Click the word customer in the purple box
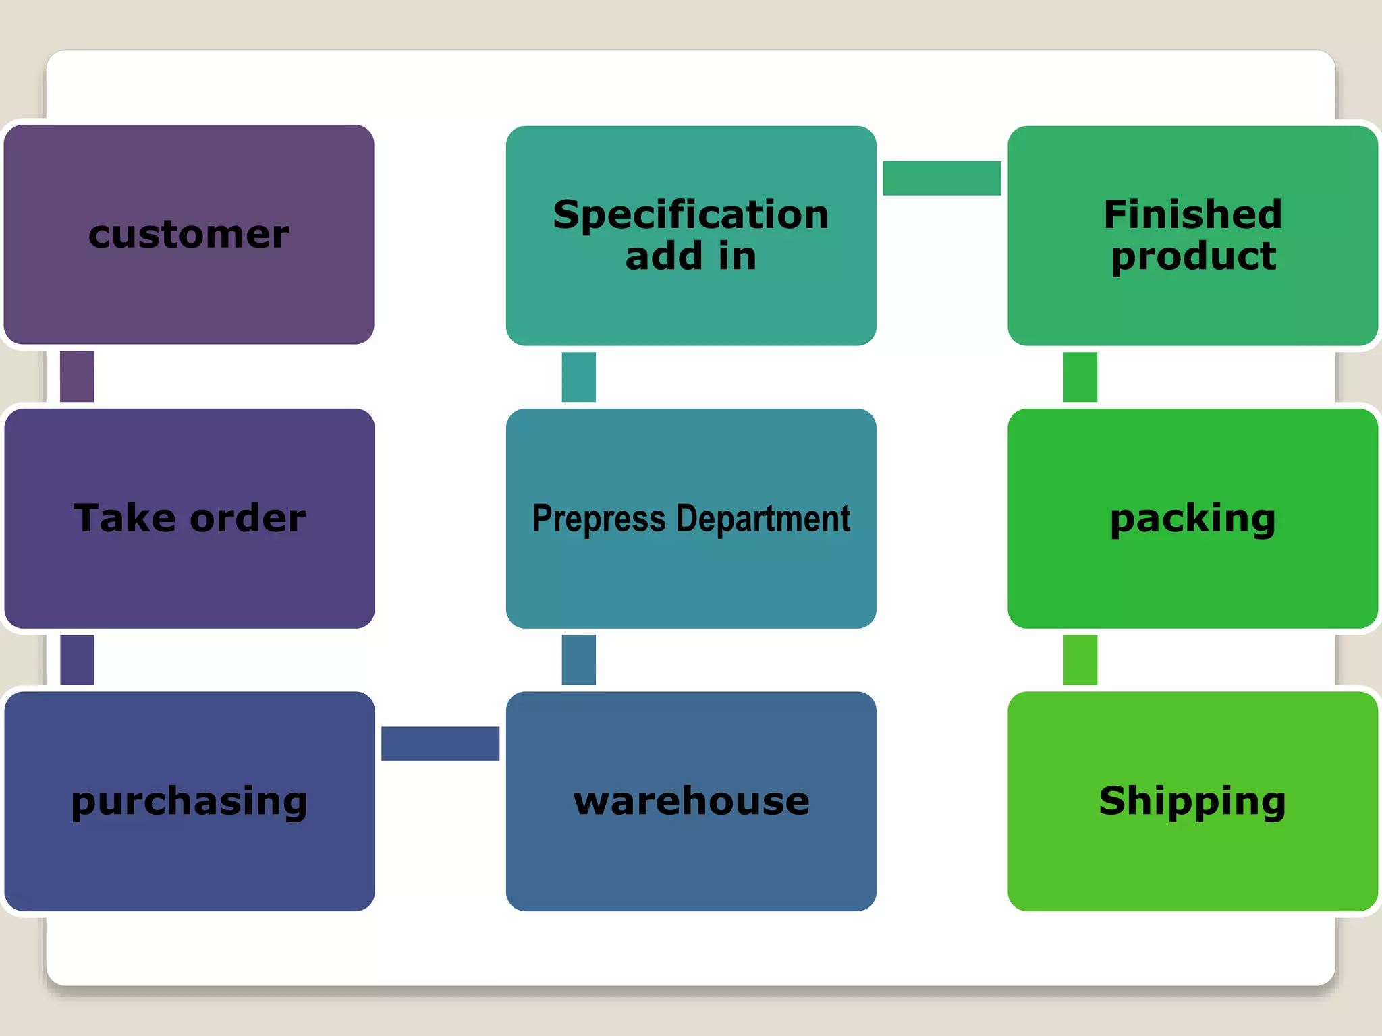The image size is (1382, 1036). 189,235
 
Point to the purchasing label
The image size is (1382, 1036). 189,801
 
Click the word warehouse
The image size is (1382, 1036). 692,801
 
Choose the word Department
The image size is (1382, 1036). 763,519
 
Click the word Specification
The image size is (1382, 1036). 691,214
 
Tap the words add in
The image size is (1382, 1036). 691,256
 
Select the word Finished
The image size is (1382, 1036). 1192,214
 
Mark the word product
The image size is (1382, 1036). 1193,256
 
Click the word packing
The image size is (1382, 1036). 1192,518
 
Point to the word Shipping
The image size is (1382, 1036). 1192,801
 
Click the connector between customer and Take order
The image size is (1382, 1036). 77,376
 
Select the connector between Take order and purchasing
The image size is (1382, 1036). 77,660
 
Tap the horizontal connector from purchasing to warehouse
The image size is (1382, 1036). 440,743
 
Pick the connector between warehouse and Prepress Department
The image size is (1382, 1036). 579,660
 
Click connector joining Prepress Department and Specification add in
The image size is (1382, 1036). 579,377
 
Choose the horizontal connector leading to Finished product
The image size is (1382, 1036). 941,178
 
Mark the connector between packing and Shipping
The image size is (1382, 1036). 1080,660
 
